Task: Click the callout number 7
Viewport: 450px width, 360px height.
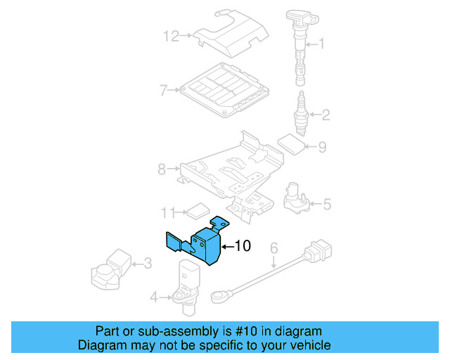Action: coord(162,90)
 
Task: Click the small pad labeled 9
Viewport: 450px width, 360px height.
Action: coord(290,143)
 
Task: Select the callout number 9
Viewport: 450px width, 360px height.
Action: coord(322,147)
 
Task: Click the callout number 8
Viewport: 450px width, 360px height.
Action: coord(161,169)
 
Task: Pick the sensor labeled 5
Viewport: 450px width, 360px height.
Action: coord(295,197)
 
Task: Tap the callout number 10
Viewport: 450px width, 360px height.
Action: coord(242,246)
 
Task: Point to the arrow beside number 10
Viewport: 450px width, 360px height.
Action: coord(227,246)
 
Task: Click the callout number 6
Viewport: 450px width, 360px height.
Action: coord(274,247)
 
